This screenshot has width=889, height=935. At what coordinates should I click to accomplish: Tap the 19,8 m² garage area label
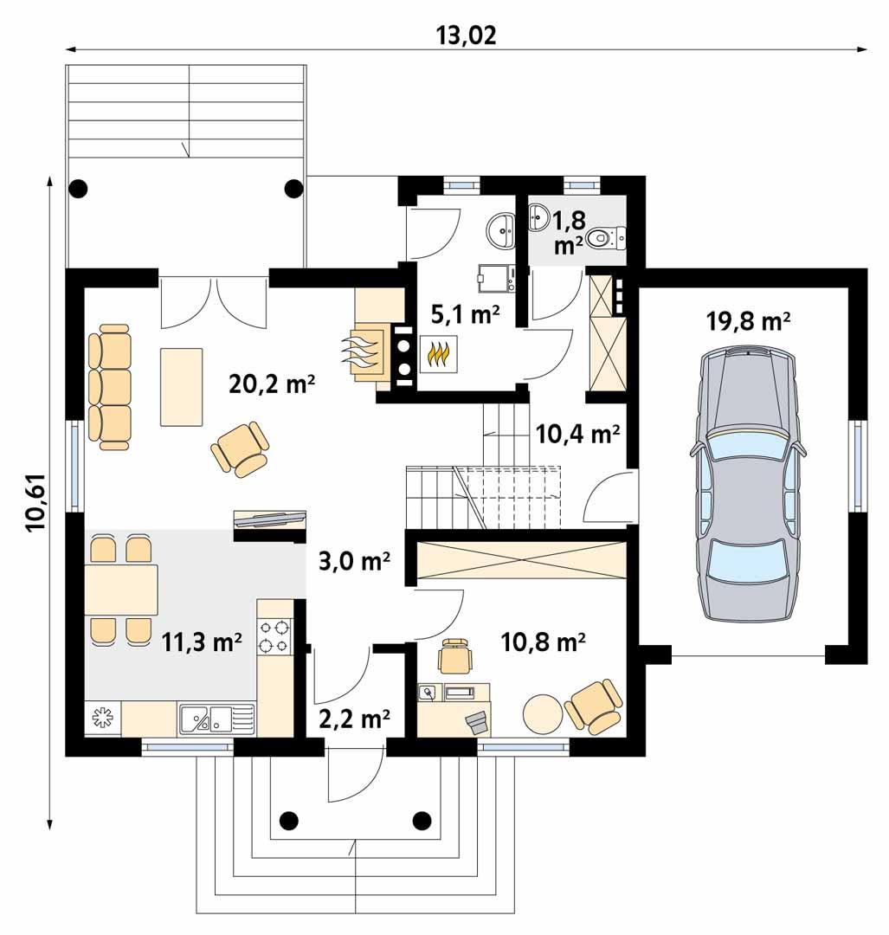(x=750, y=322)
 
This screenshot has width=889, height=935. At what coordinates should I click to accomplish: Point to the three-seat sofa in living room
(x=109, y=387)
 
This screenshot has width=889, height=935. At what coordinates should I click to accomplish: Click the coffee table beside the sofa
(x=181, y=386)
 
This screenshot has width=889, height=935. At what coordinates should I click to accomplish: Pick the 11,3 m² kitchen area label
(x=201, y=642)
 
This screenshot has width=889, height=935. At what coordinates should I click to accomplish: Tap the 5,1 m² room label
(x=465, y=316)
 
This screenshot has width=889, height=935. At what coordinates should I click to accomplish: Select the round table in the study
(x=543, y=714)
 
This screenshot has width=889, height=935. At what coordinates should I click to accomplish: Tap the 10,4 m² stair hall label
(x=577, y=433)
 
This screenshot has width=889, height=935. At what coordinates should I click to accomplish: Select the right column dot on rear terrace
(x=293, y=186)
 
